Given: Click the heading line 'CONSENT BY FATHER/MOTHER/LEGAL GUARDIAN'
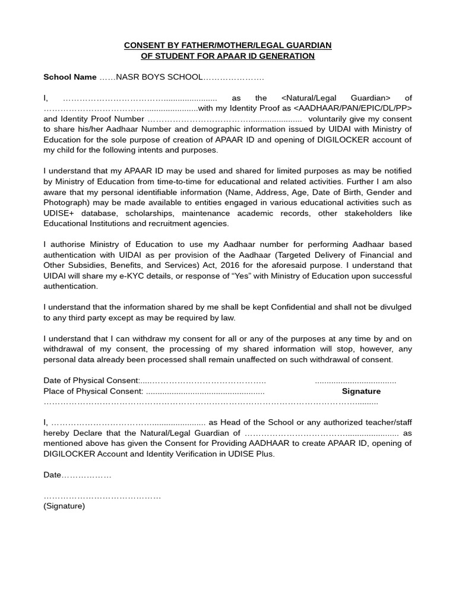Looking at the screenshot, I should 227,45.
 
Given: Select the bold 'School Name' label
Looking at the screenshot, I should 70,77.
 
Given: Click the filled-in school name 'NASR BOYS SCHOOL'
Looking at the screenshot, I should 159,77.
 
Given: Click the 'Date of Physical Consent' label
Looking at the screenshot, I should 91,381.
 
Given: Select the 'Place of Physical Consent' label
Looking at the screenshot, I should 93,391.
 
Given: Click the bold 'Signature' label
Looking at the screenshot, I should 361,391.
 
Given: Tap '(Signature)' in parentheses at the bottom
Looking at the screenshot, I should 64,506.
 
